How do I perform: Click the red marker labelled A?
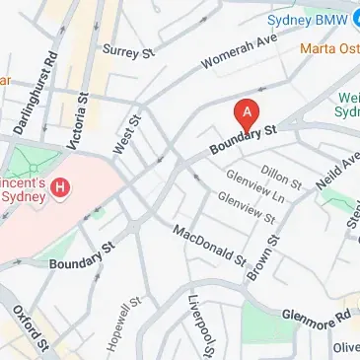pyautogui.click(x=246, y=112)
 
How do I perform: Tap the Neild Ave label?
pyautogui.click(x=333, y=171)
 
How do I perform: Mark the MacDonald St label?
pyautogui.click(x=209, y=247)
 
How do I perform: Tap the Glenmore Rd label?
pyautogui.click(x=317, y=315)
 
